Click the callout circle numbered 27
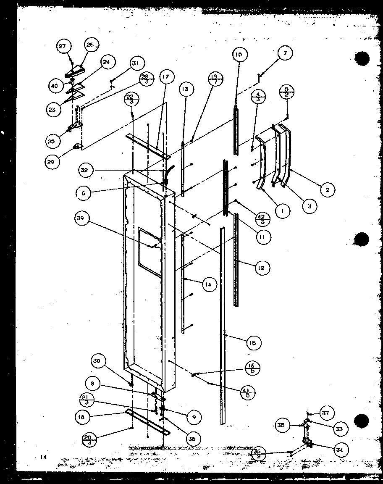click(x=62, y=47)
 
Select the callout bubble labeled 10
click(x=239, y=55)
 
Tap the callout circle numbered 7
click(x=285, y=53)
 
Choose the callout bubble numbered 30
click(x=97, y=361)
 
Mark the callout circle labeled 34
click(x=340, y=450)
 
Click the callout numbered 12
click(x=262, y=268)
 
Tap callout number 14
click(x=208, y=284)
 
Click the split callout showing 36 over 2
click(x=257, y=453)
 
